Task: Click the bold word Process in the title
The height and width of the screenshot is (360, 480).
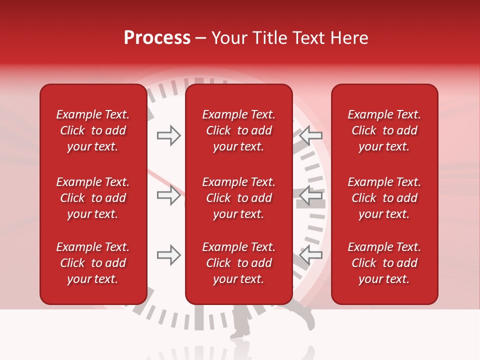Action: pos(157,38)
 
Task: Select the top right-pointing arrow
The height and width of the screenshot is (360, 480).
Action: pos(168,135)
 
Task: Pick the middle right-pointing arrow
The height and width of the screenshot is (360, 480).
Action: pos(168,195)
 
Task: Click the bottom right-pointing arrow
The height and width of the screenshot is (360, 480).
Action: pos(168,255)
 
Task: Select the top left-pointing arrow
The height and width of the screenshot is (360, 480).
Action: pos(311,135)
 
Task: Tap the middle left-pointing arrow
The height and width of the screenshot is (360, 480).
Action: pos(311,195)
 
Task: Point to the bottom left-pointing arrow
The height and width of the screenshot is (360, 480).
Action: pos(311,255)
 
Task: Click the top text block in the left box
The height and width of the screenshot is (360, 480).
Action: pos(93,130)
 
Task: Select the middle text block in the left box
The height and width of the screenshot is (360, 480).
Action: pos(93,198)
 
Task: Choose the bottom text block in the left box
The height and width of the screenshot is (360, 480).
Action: pos(93,263)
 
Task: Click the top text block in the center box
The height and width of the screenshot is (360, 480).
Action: pos(238,130)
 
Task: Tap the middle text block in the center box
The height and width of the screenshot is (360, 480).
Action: pos(238,198)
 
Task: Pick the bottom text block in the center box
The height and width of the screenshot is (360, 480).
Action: pos(238,263)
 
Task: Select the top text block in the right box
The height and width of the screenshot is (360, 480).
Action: pos(384,130)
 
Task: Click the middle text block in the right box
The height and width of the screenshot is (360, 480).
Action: pos(384,198)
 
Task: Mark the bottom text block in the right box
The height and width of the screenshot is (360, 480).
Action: pos(384,263)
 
